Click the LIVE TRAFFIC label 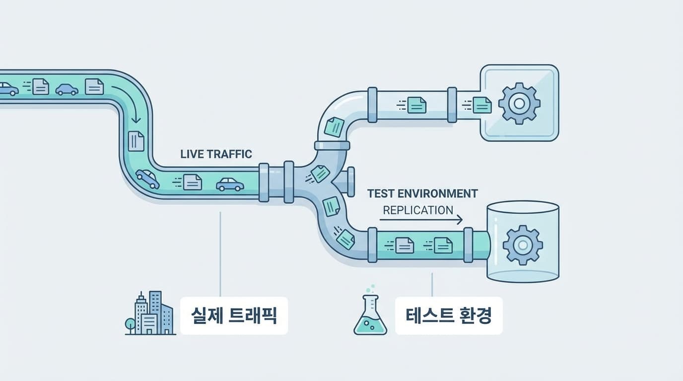click(216, 154)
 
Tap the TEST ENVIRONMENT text click(422, 193)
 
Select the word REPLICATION click(418, 210)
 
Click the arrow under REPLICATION click(422, 219)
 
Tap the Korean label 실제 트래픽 click(234, 316)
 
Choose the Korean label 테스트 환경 click(449, 316)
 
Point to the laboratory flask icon click(370, 316)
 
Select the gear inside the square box click(519, 103)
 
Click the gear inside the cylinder click(522, 245)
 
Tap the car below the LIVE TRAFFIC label click(230, 185)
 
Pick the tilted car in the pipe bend click(147, 178)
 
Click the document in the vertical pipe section click(136, 141)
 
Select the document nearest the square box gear click(481, 105)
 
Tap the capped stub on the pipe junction click(348, 182)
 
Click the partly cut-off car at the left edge click(8, 89)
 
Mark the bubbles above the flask click(371, 289)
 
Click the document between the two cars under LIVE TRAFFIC click(192, 182)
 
